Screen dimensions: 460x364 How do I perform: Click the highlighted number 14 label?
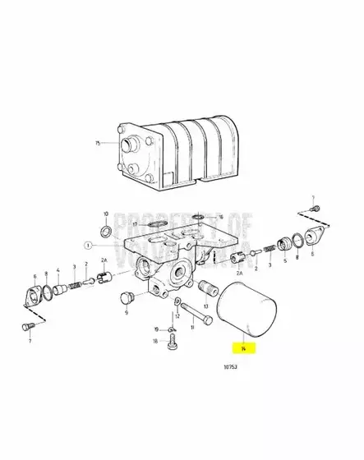[243, 348]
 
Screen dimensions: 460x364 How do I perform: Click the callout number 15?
[98, 143]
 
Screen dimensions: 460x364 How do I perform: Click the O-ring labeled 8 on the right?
[295, 243]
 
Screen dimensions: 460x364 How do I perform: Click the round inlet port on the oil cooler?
[128, 148]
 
